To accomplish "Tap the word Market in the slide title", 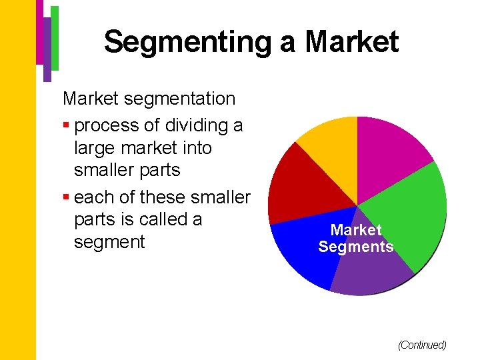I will pos(352,42).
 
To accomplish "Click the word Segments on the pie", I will pos(356,247).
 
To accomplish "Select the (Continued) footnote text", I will pos(421,345).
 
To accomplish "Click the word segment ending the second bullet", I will pos(109,241).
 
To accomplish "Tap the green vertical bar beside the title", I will pos(55,37).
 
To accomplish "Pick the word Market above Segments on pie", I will pos(356,230).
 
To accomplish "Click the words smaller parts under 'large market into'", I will pos(127,170).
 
